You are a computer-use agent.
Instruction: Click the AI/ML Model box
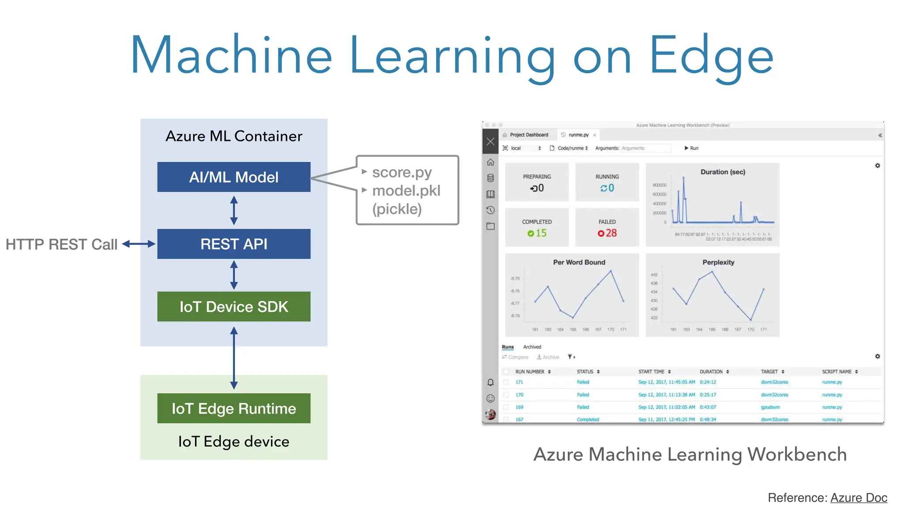point(234,177)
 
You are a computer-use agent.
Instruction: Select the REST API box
point(234,244)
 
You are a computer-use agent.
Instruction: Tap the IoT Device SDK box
point(234,307)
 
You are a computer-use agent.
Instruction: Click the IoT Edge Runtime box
point(234,408)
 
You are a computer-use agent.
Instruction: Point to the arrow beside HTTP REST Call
point(139,244)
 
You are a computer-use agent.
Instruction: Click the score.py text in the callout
point(402,172)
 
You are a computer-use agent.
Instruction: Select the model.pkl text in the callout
point(406,190)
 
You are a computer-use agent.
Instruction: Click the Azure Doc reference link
point(859,498)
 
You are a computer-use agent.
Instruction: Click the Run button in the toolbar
point(692,148)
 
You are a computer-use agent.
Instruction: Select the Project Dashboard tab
point(528,135)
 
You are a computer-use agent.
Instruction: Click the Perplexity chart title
point(718,262)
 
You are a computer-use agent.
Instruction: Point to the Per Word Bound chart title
point(579,262)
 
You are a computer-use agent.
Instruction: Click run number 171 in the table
point(519,382)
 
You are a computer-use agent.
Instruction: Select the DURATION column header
point(711,372)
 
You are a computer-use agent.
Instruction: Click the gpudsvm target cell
point(770,407)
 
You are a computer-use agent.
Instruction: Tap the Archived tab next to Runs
point(532,347)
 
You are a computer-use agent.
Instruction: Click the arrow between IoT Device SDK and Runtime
point(234,358)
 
